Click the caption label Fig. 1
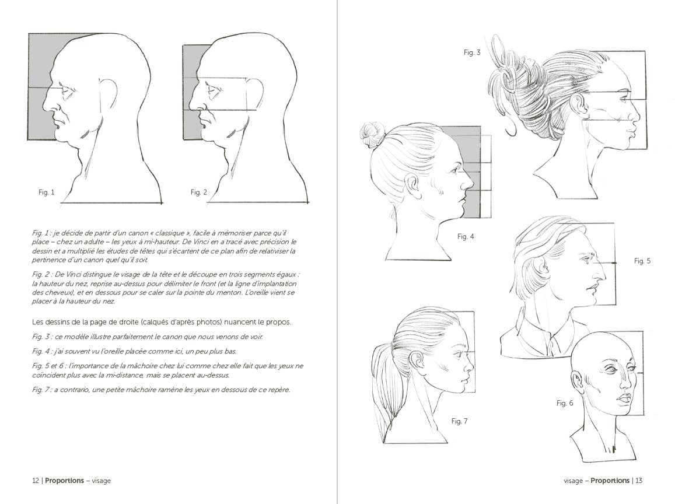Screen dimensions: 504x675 [x=46, y=192]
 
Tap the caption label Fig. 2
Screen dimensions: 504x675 [x=199, y=192]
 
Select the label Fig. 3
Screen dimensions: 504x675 [x=472, y=52]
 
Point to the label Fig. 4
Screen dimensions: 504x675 [x=466, y=236]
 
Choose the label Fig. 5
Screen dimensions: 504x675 [x=642, y=261]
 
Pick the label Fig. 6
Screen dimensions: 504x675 [x=565, y=403]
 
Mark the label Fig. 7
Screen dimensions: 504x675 [x=460, y=421]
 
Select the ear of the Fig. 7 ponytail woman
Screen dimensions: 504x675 [x=417, y=361]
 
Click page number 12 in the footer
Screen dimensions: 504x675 [x=35, y=481]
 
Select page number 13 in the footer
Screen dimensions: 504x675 [x=639, y=481]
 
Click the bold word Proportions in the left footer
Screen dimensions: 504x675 [x=64, y=481]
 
